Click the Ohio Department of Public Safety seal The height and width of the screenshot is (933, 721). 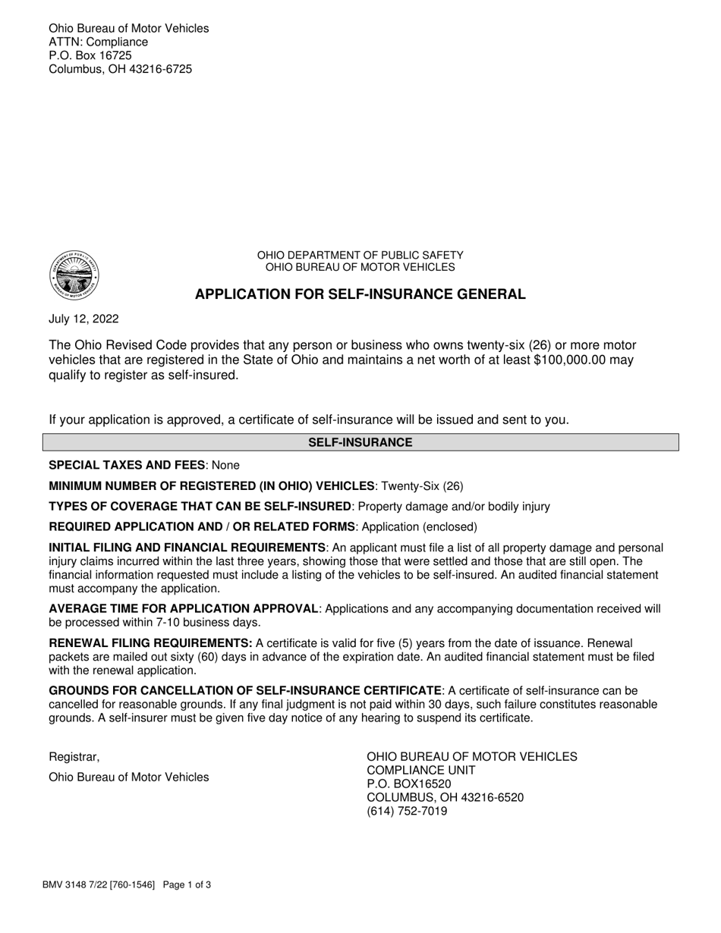pyautogui.click(x=74, y=275)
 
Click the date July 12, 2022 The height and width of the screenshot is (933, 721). pyautogui.click(x=83, y=319)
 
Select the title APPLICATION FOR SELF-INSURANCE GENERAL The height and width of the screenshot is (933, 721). pyautogui.click(x=360, y=294)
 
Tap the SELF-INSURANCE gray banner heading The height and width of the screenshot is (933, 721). pyautogui.click(x=360, y=442)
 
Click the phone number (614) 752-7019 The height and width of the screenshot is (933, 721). pyautogui.click(x=407, y=811)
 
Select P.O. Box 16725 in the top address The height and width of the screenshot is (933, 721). pyautogui.click(x=90, y=55)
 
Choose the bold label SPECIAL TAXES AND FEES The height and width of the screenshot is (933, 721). pyautogui.click(x=127, y=465)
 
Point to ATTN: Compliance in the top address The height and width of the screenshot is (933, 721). pyautogui.click(x=99, y=42)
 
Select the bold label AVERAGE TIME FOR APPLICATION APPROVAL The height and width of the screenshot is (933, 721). pyautogui.click(x=183, y=608)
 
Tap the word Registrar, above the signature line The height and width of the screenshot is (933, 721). pyautogui.click(x=74, y=757)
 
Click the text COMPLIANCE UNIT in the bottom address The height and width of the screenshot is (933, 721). pyautogui.click(x=421, y=770)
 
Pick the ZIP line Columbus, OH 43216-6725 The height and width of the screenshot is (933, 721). pyautogui.click(x=121, y=69)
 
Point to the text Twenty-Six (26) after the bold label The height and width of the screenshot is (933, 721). pyautogui.click(x=422, y=485)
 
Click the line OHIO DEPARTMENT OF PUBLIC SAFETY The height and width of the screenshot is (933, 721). pyautogui.click(x=360, y=256)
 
